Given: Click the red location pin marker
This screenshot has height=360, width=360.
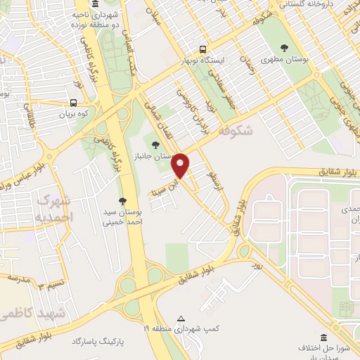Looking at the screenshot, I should pyautogui.click(x=181, y=165).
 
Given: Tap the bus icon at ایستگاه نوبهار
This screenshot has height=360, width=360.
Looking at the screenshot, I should pyautogui.click(x=202, y=49).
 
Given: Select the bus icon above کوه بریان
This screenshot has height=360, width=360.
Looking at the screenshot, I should pyautogui.click(x=74, y=102).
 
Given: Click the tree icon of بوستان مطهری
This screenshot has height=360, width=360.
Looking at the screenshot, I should pyautogui.click(x=284, y=49).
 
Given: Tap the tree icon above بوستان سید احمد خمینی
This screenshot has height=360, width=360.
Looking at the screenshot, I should pyautogui.click(x=122, y=201).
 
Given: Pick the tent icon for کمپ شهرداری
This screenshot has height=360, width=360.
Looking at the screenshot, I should pyautogui.click(x=182, y=319).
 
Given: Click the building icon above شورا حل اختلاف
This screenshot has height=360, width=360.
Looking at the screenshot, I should pyautogui.click(x=323, y=337).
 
